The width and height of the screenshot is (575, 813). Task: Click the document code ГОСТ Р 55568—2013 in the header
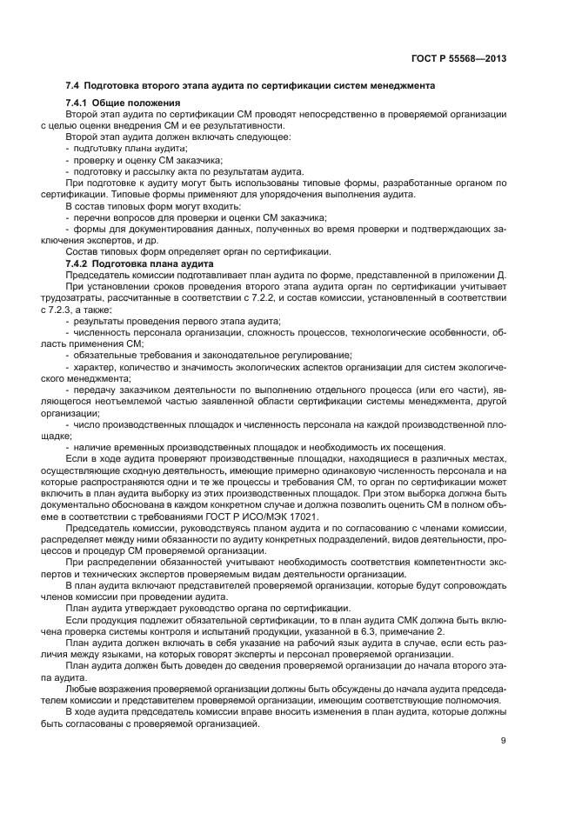click(x=459, y=59)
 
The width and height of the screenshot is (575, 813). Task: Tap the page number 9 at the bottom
click(x=504, y=741)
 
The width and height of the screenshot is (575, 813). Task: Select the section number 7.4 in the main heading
click(x=73, y=85)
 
